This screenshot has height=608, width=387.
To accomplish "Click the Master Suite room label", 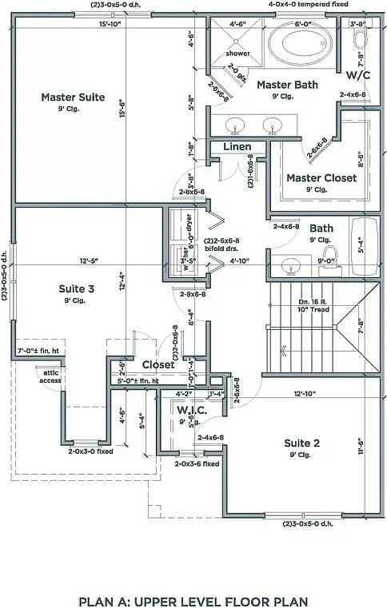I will (x=73, y=97).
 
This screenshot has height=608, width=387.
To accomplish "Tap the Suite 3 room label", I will (x=78, y=288).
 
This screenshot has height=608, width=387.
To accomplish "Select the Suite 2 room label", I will (x=302, y=443).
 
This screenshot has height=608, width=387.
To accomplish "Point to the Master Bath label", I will (x=287, y=84).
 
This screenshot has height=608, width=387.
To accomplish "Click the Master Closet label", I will (x=321, y=178).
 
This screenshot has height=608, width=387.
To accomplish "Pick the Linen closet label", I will (x=237, y=147).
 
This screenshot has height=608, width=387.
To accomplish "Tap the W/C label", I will (x=358, y=75).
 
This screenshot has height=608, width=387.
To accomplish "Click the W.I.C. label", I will (x=192, y=410).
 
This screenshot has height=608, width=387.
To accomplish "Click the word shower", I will (x=237, y=54).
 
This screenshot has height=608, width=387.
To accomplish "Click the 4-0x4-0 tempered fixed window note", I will (x=308, y=4).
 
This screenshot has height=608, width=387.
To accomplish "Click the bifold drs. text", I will (x=222, y=248).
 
